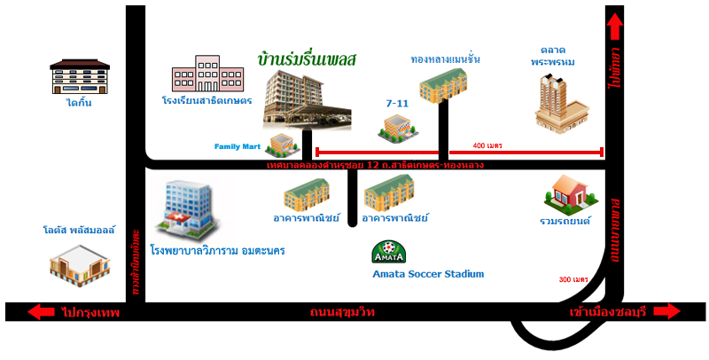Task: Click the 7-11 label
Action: coord(396,104)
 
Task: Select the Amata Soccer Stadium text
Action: coord(429,274)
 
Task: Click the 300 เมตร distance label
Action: coord(574,279)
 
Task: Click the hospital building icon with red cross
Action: coord(184,208)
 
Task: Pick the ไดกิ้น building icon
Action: coord(79,76)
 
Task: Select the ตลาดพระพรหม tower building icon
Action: coord(561,102)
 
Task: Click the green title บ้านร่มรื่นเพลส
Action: coord(307,60)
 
